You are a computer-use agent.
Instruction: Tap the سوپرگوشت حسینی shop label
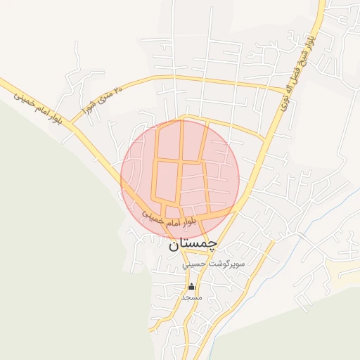pos(213,264)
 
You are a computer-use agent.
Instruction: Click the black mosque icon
pos(191,287)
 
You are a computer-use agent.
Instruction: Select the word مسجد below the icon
pos(191,297)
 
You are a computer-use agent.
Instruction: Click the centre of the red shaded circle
pos(180,178)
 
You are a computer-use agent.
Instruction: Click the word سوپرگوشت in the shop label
pos(226,264)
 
